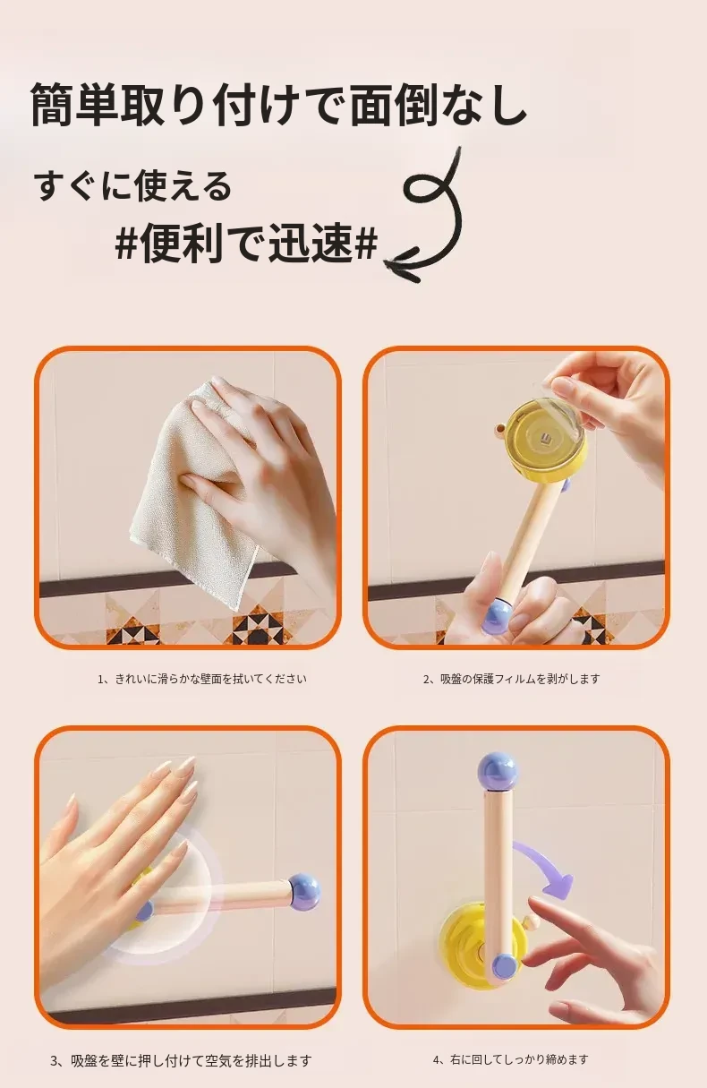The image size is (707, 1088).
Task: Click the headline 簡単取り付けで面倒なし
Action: [x=278, y=105]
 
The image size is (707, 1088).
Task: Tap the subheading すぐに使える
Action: [x=132, y=187]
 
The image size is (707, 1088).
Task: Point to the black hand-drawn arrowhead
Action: [x=403, y=265]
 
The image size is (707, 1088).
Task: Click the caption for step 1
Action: [x=202, y=679]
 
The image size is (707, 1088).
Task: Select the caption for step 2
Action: [x=512, y=679]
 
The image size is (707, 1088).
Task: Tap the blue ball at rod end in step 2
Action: [x=498, y=616]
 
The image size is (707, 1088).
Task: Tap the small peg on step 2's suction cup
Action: [x=498, y=429]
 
